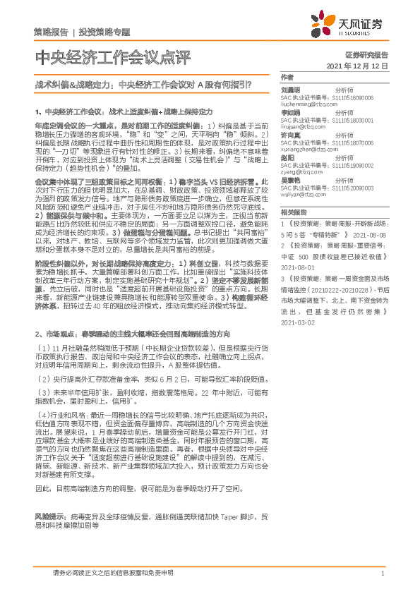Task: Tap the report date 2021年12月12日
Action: coord(358,66)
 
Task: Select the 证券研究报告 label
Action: coord(367,54)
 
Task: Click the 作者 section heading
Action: coord(287,77)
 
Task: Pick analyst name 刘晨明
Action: coord(291,90)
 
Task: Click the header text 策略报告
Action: coord(51,32)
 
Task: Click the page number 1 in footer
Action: coord(382,574)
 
